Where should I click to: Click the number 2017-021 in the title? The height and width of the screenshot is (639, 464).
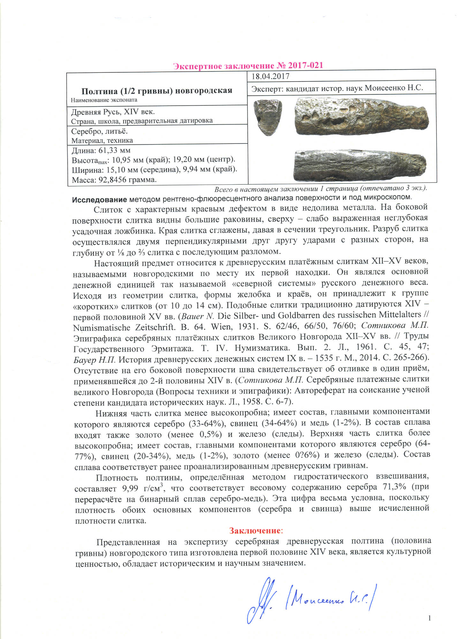[x=305, y=65]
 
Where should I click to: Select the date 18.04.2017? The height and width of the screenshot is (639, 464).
[x=270, y=76]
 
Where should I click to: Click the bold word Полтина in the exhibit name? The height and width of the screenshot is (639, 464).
[x=99, y=91]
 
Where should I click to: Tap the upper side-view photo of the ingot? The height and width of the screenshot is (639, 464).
[x=361, y=116]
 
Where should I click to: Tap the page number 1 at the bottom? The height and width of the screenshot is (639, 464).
[x=430, y=618]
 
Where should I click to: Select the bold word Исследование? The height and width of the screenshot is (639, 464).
[x=99, y=200]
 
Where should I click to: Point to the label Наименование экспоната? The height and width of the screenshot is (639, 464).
[x=104, y=100]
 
